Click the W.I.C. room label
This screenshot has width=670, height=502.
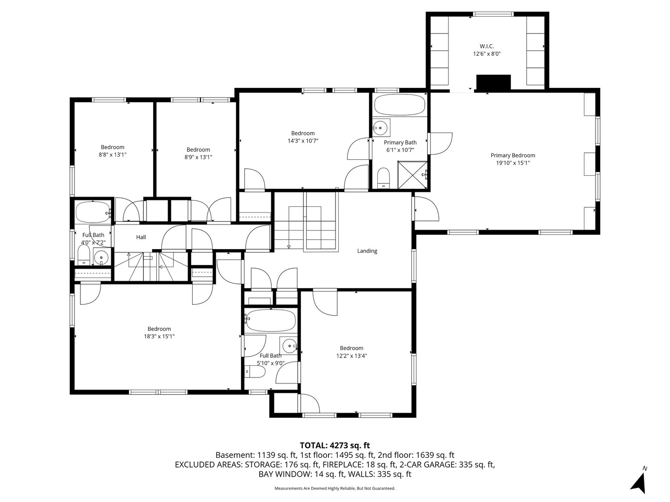pyautogui.click(x=486, y=46)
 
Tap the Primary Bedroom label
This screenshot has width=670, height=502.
pyautogui.click(x=513, y=155)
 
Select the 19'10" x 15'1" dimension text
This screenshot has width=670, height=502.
pyautogui.click(x=513, y=163)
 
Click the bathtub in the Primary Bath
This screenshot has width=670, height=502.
pyautogui.click(x=400, y=106)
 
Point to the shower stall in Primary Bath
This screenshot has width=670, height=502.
pyautogui.click(x=412, y=175)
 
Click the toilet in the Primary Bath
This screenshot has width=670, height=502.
pyautogui.click(x=383, y=178)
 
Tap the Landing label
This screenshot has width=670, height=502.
pyautogui.click(x=367, y=251)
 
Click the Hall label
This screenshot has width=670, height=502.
pyautogui.click(x=141, y=237)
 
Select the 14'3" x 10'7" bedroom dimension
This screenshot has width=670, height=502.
pyautogui.click(x=303, y=141)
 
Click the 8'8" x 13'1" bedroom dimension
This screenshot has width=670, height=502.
pyautogui.click(x=113, y=155)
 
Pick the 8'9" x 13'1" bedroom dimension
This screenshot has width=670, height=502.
pyautogui.click(x=198, y=157)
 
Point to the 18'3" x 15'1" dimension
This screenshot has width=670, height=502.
pyautogui.click(x=159, y=337)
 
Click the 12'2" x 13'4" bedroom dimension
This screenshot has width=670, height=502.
pyautogui.click(x=351, y=356)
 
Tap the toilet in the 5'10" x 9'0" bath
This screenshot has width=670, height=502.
pyautogui.click(x=256, y=372)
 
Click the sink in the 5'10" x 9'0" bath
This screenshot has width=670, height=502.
pyautogui.click(x=289, y=346)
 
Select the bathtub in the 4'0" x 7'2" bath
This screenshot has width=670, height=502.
pyautogui.click(x=93, y=212)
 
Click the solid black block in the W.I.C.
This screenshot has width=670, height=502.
pyautogui.click(x=494, y=82)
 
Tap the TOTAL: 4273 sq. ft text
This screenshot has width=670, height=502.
pyautogui.click(x=335, y=445)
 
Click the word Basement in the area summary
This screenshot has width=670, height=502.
pyautogui.click(x=231, y=455)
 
